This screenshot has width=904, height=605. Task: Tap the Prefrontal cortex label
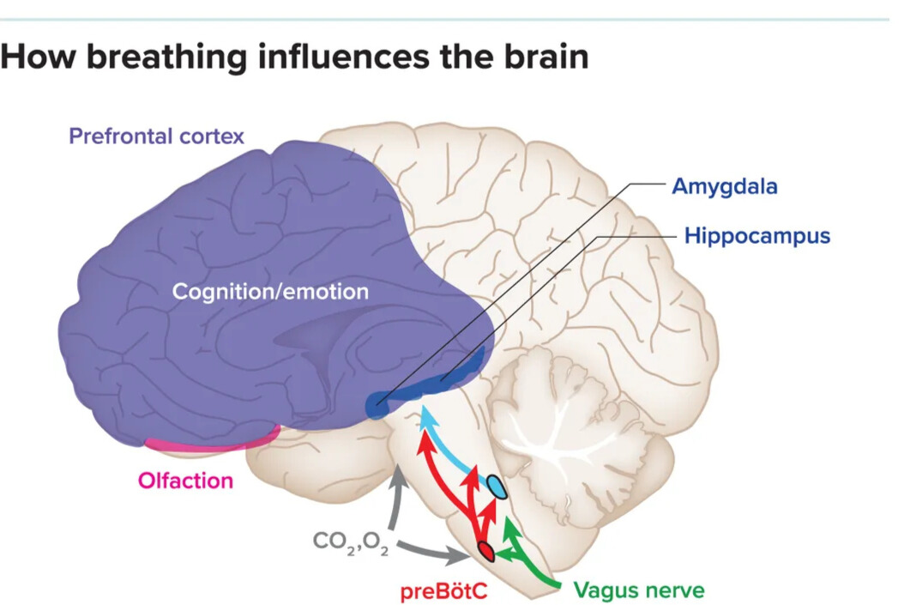(156, 136)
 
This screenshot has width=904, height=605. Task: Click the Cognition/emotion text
(270, 291)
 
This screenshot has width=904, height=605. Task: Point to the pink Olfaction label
(185, 480)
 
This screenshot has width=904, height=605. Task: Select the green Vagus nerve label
(639, 590)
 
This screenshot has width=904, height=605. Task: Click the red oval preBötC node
(485, 551)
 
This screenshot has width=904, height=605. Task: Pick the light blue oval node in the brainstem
(497, 488)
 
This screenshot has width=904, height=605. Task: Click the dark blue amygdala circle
(376, 405)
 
